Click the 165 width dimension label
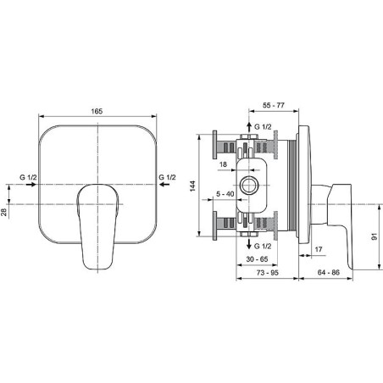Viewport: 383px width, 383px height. tap(97, 111)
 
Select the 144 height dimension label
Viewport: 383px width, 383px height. tap(192, 186)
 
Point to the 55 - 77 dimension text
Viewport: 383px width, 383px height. tap(274, 105)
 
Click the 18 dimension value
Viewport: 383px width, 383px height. tap(223, 164)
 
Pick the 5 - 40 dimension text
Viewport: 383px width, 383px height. tap(225, 194)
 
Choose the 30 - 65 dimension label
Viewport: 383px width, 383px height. tap(257, 259)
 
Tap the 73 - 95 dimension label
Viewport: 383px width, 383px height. tap(268, 273)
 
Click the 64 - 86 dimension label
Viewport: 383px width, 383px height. tap(329, 273)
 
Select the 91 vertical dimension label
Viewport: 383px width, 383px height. tap(375, 236)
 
